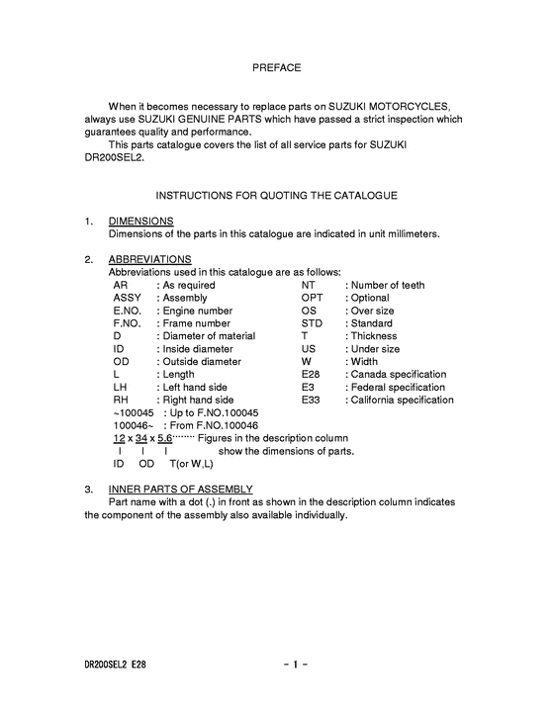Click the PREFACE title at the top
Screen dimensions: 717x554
tap(276, 68)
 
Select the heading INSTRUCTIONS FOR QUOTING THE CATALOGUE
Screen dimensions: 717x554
tap(276, 196)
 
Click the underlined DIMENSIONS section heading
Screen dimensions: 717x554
tap(140, 221)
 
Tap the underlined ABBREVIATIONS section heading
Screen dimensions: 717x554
tap(149, 259)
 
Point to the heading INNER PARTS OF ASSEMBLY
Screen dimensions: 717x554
tap(180, 490)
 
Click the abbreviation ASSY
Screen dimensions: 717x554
tap(128, 298)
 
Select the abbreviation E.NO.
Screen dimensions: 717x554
tap(129, 311)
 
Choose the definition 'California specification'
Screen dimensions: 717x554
tap(402, 401)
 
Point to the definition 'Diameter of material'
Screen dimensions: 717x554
tap(209, 336)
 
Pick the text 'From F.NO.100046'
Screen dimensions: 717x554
tap(210, 425)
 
